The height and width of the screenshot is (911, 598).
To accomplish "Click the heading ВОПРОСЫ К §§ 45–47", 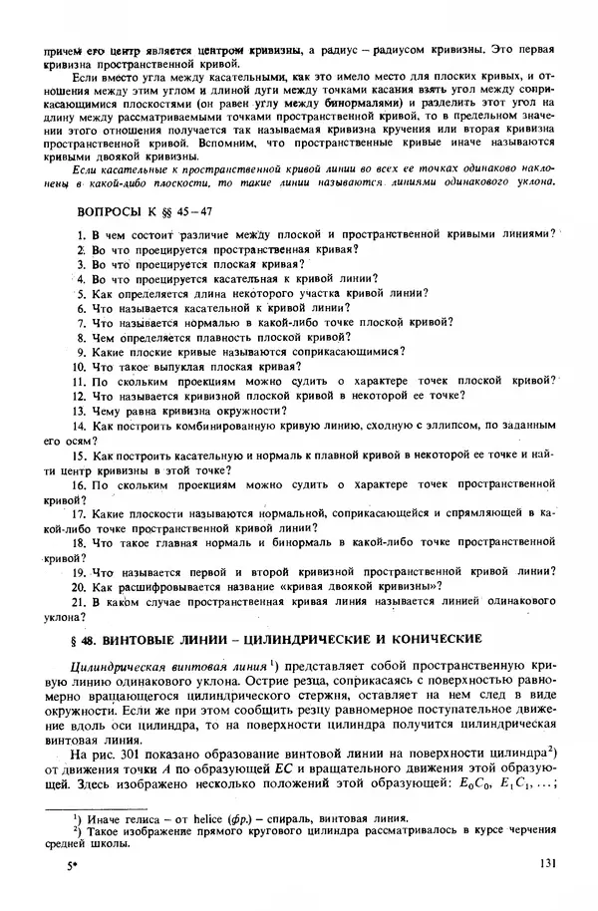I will pyautogui.click(x=145, y=211).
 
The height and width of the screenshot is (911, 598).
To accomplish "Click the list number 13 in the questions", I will pyautogui.click(x=80, y=410).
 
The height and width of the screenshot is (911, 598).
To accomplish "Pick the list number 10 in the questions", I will pyautogui.click(x=80, y=366).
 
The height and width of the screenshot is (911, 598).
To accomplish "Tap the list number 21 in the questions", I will pyautogui.click(x=80, y=602).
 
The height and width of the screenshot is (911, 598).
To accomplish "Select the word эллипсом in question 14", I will pyautogui.click(x=414, y=425).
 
